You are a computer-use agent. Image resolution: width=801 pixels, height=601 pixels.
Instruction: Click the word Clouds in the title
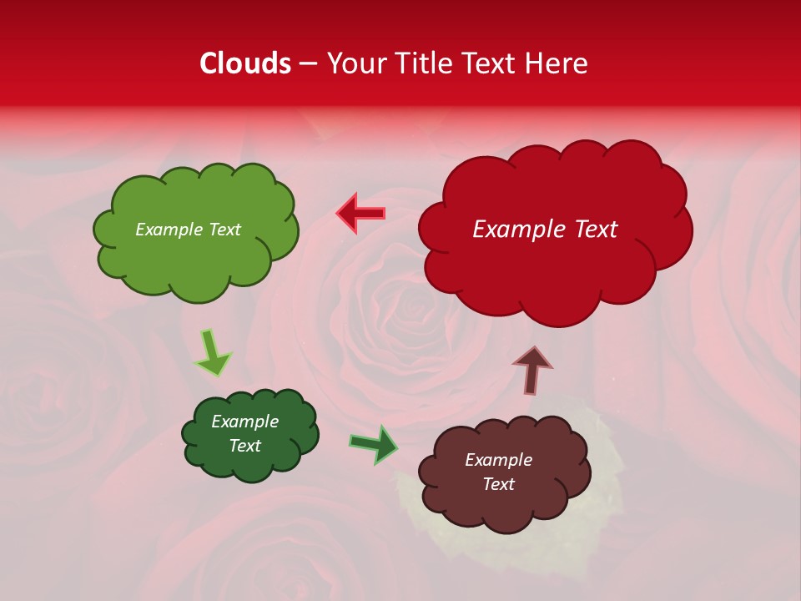coord(245,63)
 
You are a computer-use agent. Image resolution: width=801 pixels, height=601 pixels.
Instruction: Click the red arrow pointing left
coord(360,213)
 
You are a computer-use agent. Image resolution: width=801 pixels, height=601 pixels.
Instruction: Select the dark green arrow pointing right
coord(373,444)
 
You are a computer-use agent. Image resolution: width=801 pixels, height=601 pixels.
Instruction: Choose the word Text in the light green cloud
coord(224,230)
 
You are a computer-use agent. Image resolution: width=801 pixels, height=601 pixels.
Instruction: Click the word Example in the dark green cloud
coord(244,422)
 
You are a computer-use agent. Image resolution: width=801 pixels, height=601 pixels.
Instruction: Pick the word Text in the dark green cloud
coord(244,446)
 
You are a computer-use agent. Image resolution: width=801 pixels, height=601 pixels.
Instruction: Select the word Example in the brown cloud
coord(498,460)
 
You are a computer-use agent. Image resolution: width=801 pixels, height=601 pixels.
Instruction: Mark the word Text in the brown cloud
coord(498,484)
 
